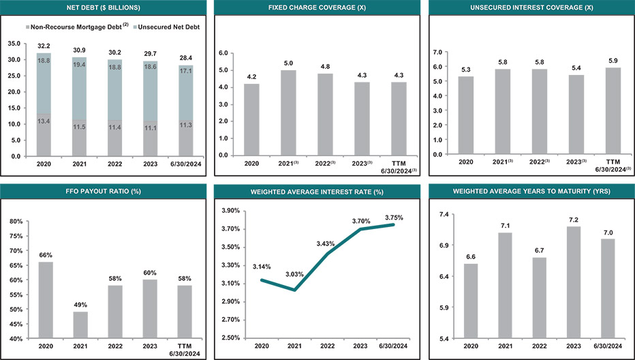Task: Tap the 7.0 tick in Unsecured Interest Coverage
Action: pos(438,52)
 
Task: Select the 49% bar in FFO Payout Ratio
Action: pos(80,325)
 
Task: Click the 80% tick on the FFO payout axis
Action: pos(15,222)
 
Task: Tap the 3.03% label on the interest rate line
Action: pos(294,274)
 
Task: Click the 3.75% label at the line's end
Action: pos(393,217)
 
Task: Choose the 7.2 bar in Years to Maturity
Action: pos(574,282)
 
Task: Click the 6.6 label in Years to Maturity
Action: pos(470,257)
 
